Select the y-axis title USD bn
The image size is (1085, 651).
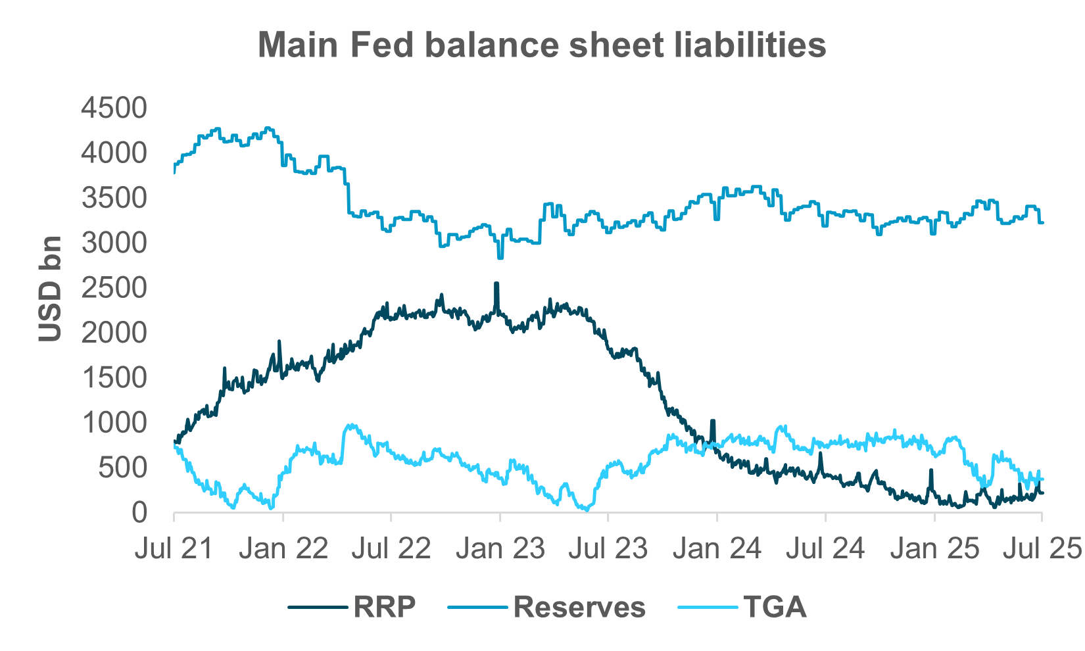point(50,289)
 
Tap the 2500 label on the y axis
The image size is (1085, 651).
point(114,288)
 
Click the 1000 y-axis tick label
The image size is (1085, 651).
point(114,423)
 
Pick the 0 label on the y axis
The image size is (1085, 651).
point(139,513)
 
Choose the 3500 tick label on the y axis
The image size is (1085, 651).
point(114,198)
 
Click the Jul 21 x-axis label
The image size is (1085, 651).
point(174,549)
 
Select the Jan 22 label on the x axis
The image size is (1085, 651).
point(283,549)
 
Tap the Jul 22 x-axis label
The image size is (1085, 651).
point(391,549)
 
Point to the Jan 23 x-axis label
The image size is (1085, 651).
point(500,549)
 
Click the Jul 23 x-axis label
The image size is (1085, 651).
point(608,549)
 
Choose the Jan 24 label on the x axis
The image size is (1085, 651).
point(717,549)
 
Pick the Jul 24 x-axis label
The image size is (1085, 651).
point(825,549)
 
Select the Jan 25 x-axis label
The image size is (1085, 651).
point(934,549)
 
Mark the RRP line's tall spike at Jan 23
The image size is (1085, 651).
point(496,283)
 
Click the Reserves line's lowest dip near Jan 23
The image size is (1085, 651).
point(500,257)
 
